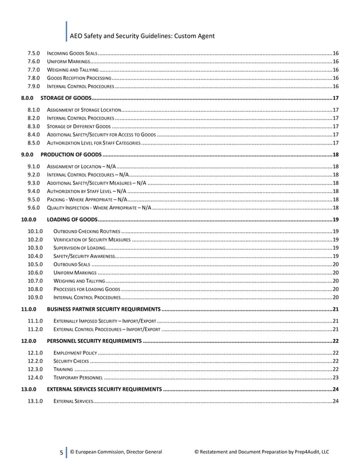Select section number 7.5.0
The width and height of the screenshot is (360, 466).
tap(33, 52)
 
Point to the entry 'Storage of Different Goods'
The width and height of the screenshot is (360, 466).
tap(78, 126)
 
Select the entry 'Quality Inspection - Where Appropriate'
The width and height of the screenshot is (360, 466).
tap(98, 207)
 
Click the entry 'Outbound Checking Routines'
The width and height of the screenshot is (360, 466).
tap(86, 231)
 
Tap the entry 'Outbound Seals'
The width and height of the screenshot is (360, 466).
tap(71, 264)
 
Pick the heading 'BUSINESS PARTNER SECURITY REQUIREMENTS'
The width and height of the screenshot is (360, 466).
tap(103, 309)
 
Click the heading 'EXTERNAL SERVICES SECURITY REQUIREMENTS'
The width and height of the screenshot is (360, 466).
tap(104, 389)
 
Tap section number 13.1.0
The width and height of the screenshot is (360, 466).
tap(36, 401)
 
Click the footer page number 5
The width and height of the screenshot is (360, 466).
tap(60, 451)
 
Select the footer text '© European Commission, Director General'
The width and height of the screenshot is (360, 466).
tap(116, 451)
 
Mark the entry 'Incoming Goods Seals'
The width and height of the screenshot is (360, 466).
tap(73, 52)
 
